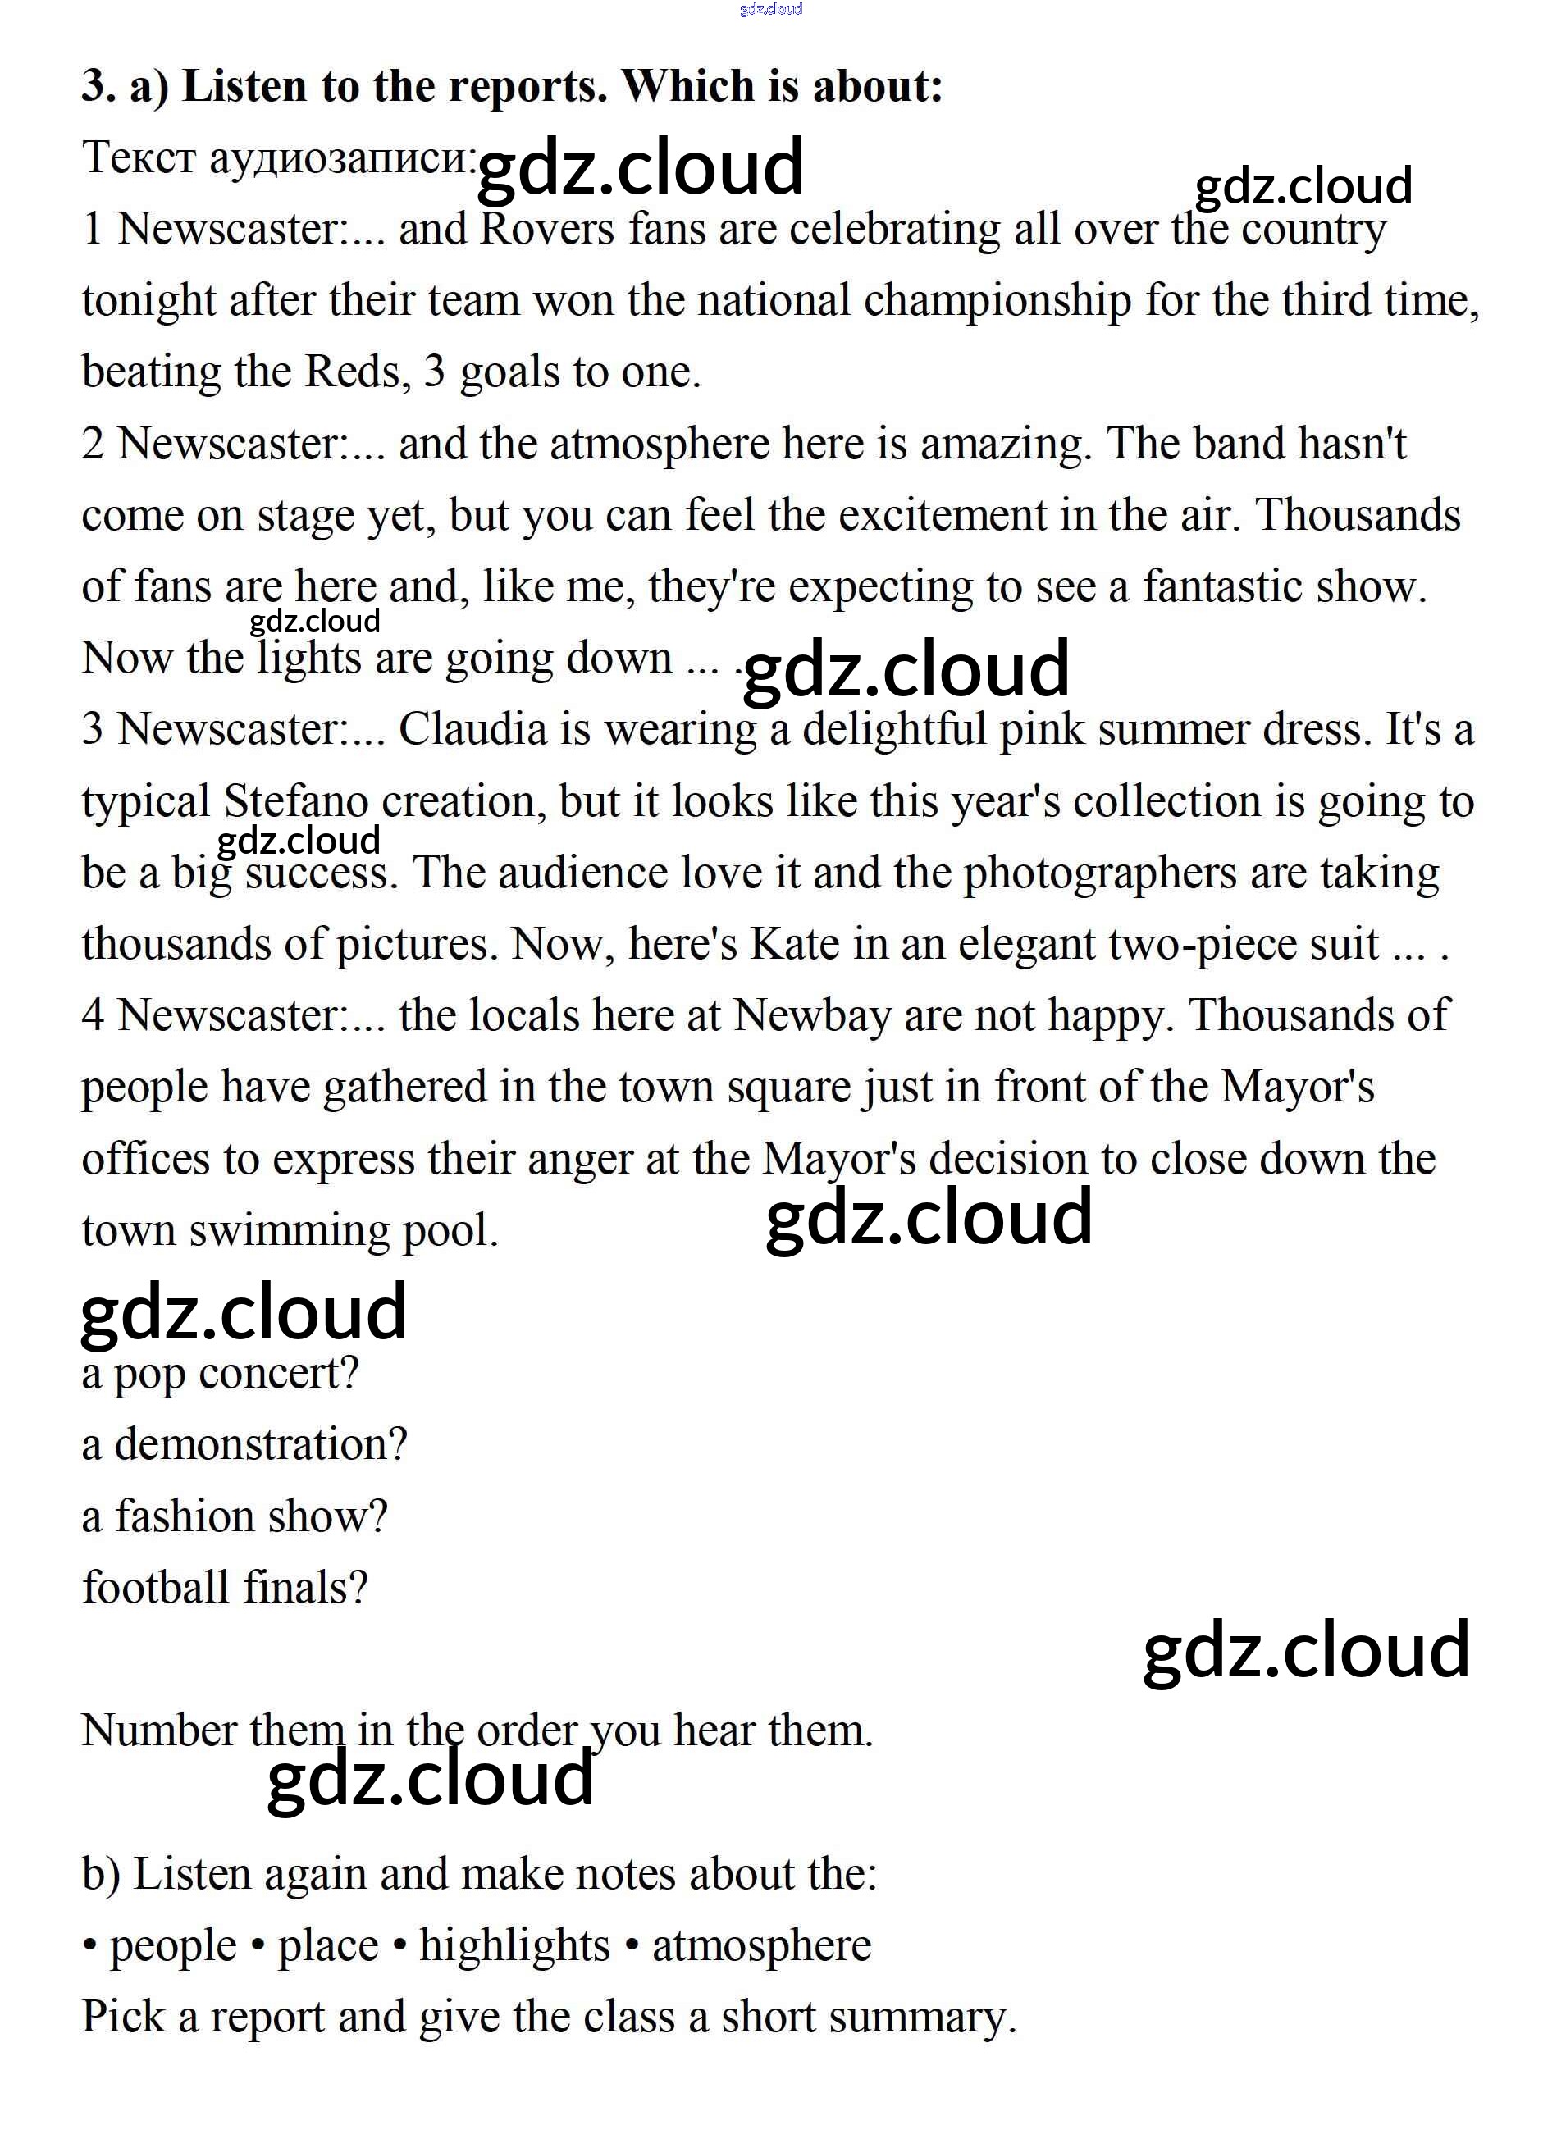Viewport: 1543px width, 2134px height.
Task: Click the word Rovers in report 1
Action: tap(546, 230)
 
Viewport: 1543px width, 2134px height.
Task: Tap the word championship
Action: tap(997, 301)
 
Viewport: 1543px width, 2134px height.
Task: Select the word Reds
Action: tap(358, 372)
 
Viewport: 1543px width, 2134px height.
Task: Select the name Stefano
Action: tap(295, 801)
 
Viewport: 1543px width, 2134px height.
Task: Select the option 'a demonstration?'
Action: tap(244, 1445)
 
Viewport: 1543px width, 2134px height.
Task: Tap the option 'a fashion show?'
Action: tap(235, 1516)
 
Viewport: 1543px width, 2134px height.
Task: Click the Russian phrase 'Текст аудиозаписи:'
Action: tap(280, 158)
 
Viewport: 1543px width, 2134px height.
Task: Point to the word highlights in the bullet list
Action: tap(514, 1946)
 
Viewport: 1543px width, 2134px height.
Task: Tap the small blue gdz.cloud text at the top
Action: tap(771, 9)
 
